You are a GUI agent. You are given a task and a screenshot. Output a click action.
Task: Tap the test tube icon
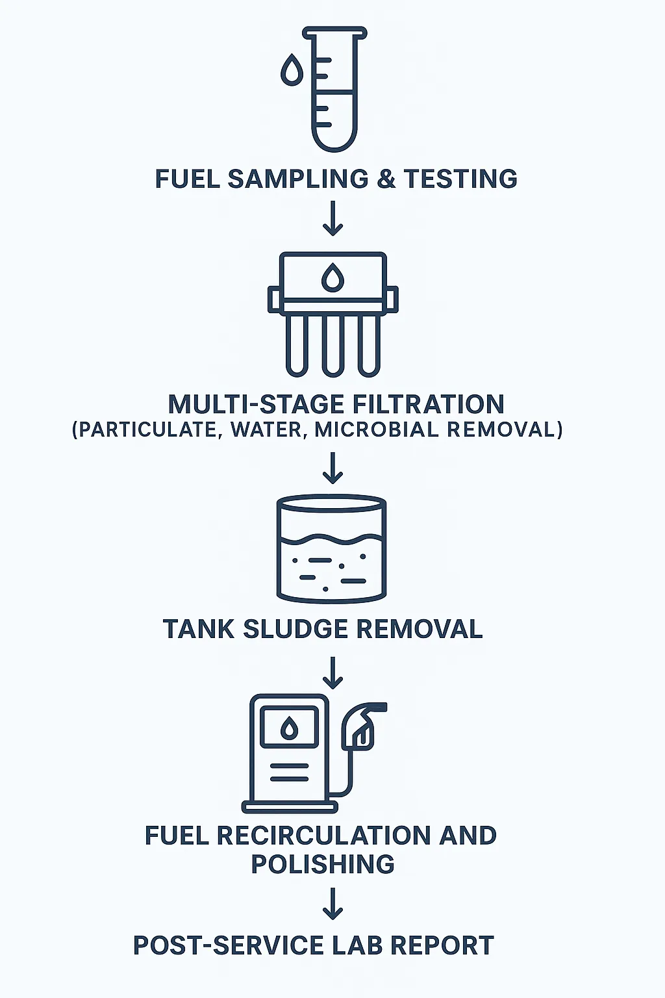coord(335,89)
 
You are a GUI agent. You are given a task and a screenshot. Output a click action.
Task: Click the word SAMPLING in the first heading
coord(298,179)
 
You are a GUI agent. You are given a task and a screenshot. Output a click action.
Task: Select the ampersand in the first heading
coord(386,179)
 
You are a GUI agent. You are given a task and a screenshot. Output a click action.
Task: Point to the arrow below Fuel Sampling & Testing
coord(332,218)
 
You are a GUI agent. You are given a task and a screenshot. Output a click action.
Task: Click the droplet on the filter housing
coord(332,277)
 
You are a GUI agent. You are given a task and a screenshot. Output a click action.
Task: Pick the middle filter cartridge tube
coord(332,345)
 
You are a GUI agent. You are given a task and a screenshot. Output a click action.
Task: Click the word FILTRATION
coord(428,404)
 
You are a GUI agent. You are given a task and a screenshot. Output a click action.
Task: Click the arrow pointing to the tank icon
coord(332,468)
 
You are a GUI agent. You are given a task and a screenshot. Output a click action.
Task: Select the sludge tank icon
coord(331,549)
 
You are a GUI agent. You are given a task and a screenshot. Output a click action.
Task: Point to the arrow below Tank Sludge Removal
coord(332,672)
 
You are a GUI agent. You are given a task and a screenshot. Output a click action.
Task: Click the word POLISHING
coord(323,864)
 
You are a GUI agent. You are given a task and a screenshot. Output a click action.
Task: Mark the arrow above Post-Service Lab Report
coord(332,904)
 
